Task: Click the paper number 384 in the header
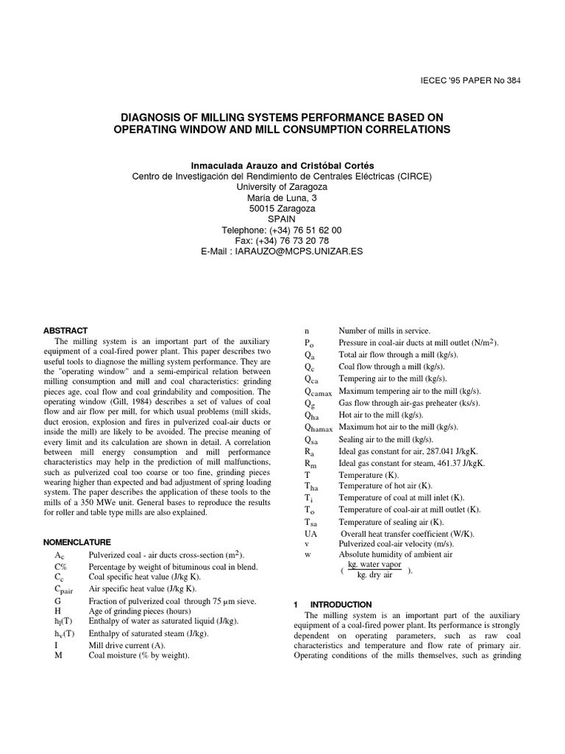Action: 512,81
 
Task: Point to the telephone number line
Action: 282,230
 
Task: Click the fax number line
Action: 282,240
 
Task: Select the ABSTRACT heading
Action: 65,331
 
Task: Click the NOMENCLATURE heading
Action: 77,541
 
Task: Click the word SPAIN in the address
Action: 282,219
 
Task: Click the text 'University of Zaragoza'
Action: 282,187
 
